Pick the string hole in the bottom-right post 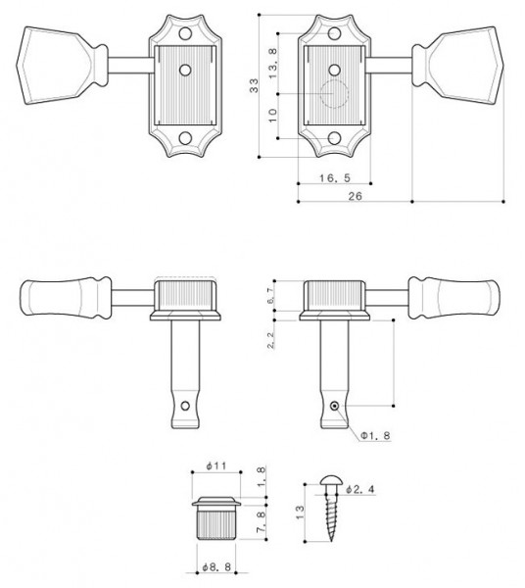point(335,405)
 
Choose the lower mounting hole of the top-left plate point(183,140)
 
